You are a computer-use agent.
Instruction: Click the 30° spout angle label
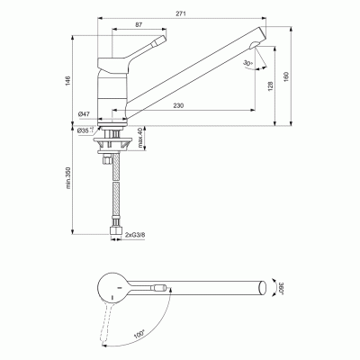tap(247, 64)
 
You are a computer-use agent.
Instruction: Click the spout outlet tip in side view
tap(259, 42)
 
